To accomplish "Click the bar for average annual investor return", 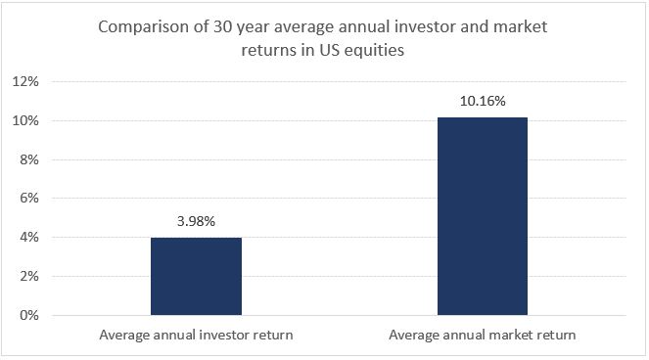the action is pos(196,276).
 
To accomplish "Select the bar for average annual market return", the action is pos(483,216).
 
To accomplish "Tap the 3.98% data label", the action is pos(196,221).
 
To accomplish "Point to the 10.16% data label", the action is pos(483,101).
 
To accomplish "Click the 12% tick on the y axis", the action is pos(25,81).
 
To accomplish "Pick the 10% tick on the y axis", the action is pos(25,121).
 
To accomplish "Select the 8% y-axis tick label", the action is pos(29,159).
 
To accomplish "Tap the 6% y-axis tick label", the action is pos(29,199).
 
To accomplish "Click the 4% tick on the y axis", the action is pos(29,238).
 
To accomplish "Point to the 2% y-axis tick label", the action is pos(29,277).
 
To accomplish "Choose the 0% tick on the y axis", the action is pos(29,315).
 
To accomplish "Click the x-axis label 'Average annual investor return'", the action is pos(196,335).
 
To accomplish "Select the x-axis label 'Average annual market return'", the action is pos(483,335).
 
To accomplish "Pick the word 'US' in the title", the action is pos(329,50).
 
